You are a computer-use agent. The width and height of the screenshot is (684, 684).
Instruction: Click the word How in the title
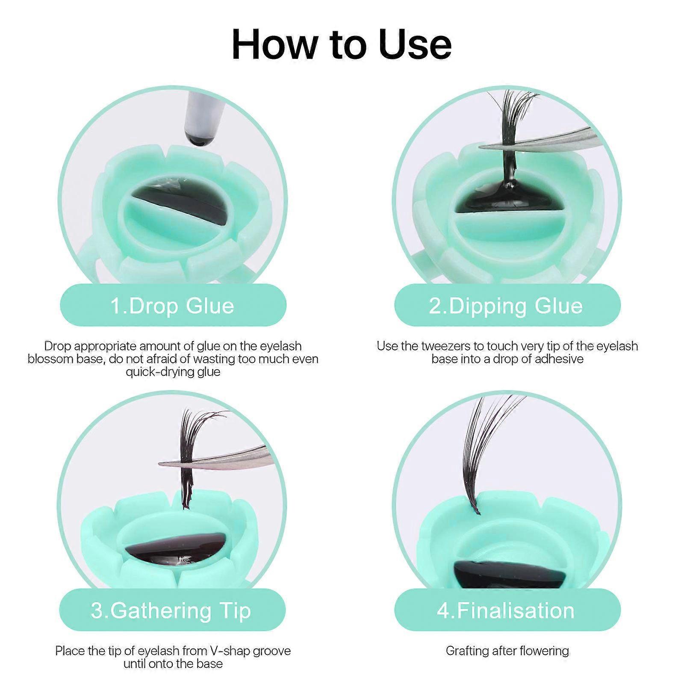point(273,44)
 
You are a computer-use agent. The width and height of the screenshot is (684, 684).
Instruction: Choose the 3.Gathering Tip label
point(171,611)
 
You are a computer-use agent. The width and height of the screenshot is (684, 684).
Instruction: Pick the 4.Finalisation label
point(506,611)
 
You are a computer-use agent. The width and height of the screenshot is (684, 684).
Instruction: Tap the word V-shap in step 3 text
point(209,651)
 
